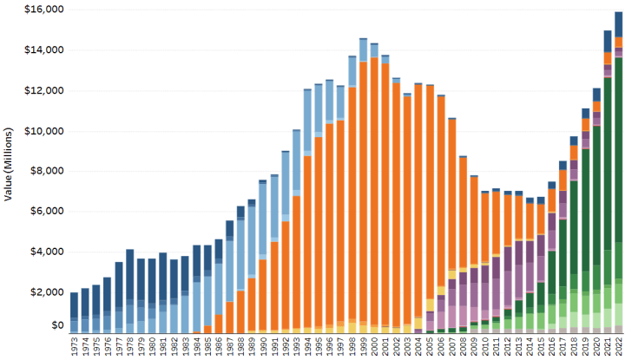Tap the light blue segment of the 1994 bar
tap(307, 122)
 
